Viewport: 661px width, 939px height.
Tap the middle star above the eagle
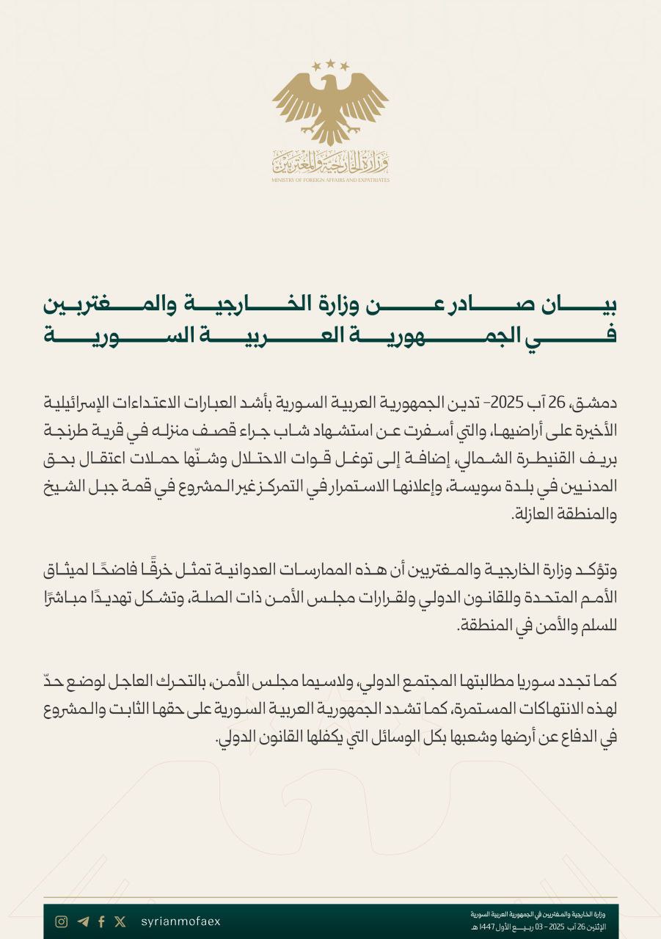[x=330, y=63]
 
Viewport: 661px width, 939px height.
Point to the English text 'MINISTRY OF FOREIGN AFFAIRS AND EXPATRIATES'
[x=330, y=180]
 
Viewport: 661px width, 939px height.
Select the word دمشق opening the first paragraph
[x=598, y=403]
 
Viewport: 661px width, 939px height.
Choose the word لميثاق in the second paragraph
[x=70, y=571]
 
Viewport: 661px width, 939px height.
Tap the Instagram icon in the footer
[x=62, y=921]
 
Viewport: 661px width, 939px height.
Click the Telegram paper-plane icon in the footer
[x=82, y=921]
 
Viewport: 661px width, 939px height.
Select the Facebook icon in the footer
[x=101, y=921]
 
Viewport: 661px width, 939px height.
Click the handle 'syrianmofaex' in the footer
[x=180, y=921]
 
